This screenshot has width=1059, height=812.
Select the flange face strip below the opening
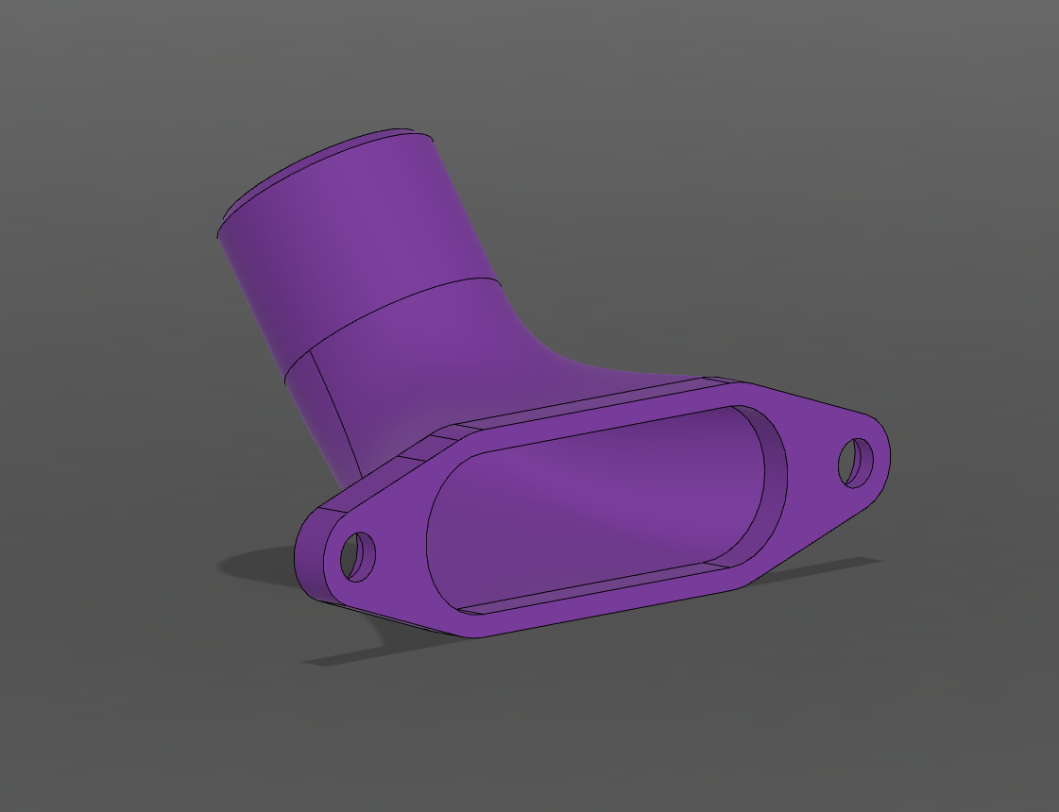pyautogui.click(x=605, y=609)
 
